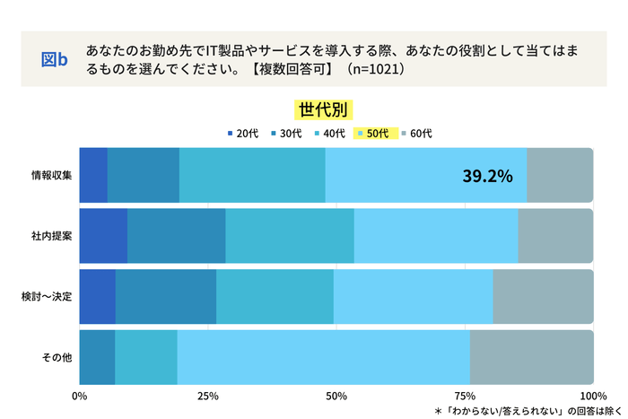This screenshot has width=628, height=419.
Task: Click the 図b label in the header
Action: click(x=56, y=59)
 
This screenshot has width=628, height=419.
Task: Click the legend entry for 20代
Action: click(x=242, y=134)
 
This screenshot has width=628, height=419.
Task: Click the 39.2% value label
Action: click(x=487, y=176)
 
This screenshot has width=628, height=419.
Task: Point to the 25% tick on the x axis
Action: click(x=208, y=396)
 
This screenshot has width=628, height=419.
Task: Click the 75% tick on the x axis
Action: click(x=465, y=396)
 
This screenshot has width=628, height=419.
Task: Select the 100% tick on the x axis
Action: click(x=592, y=396)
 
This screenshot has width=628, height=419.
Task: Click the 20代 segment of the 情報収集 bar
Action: click(x=93, y=175)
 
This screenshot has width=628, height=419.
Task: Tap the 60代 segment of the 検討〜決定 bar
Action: click(x=543, y=296)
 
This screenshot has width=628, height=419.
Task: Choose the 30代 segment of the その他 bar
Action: click(x=97, y=357)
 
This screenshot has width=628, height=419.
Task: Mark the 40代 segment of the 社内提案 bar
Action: click(x=289, y=236)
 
